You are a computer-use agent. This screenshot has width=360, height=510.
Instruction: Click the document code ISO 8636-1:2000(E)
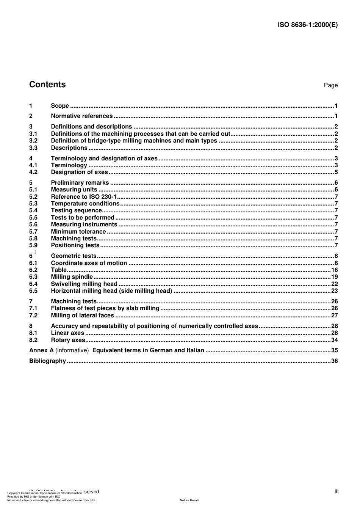307,25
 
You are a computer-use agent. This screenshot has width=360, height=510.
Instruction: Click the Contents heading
47,85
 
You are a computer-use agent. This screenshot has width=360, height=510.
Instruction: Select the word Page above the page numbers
330,85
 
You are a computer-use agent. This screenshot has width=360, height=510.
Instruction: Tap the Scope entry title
60,106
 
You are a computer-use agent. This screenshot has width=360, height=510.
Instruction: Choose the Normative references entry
81,116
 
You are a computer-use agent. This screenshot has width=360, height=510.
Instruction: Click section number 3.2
33,141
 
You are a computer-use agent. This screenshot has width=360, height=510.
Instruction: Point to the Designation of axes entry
79,172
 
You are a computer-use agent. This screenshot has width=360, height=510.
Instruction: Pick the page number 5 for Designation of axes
336,172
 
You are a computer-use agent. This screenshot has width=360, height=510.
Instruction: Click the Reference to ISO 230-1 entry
84,197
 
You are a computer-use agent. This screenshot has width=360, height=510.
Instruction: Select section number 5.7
33,232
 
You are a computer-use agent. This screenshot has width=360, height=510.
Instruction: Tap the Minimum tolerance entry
78,232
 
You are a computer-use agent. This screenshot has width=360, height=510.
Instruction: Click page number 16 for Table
334,270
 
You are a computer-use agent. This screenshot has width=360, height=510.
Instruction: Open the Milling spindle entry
72,277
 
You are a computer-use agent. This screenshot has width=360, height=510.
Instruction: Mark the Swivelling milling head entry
84,284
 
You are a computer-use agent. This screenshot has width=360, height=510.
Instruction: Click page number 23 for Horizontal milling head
334,291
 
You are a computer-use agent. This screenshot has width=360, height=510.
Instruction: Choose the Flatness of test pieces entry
105,308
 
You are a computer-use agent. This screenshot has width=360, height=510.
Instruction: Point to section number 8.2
33,340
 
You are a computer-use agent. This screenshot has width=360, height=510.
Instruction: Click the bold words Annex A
41,350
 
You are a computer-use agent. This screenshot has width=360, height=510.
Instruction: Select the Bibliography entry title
47,361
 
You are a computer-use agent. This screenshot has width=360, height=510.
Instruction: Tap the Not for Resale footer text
189,500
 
